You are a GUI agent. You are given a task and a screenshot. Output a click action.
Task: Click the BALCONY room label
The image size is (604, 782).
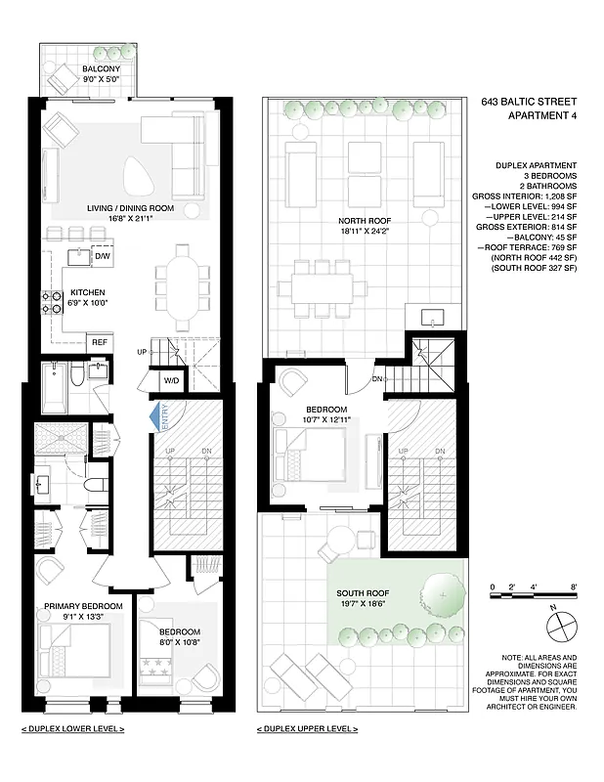pos(102,69)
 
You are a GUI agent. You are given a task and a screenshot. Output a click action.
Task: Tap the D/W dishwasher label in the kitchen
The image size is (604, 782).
pos(102,256)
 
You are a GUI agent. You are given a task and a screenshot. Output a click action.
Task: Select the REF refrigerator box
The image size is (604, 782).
pos(100,342)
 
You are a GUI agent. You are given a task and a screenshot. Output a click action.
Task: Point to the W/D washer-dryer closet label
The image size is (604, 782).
pos(171,380)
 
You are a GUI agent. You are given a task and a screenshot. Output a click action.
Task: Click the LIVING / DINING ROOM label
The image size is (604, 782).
pos(130,208)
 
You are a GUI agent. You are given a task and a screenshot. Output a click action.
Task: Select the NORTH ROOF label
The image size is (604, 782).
pos(358,221)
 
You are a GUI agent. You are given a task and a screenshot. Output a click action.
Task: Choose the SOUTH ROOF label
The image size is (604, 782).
pos(363,593)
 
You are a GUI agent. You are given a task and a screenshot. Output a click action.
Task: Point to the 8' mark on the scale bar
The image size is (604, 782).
pos(575,587)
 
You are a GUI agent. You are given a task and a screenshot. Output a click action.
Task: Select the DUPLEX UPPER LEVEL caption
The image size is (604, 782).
pos(307,729)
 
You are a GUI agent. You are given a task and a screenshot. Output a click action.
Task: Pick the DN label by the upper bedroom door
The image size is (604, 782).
pos(376,379)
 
